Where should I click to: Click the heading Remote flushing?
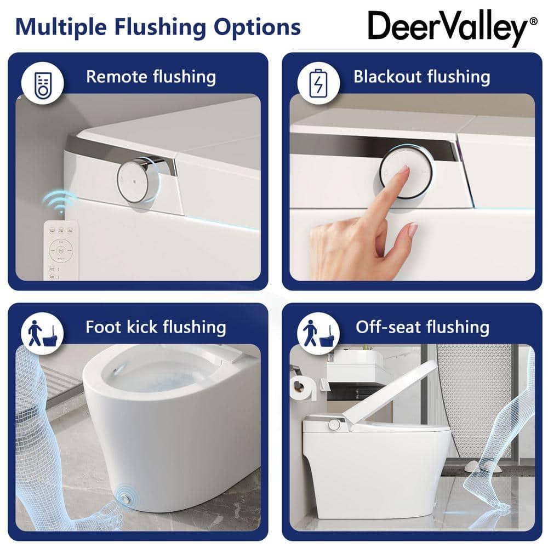coord(151,77)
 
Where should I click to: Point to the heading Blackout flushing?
coord(421,77)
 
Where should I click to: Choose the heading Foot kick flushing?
coord(156,328)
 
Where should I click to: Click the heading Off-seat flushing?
coord(422,328)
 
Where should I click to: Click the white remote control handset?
coord(60,249)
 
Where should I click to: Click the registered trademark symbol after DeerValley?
coord(533,21)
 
